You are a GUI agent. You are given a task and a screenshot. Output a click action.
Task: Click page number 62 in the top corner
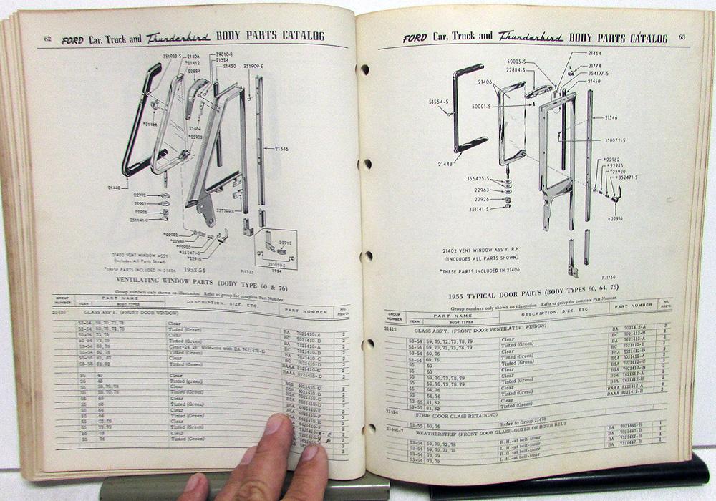(47, 38)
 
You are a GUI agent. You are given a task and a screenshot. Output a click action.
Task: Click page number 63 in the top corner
(682, 38)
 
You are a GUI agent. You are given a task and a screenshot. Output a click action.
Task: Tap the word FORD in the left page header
(72, 41)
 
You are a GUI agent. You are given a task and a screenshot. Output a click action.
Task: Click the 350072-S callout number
(614, 141)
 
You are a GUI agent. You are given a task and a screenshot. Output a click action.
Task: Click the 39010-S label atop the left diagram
(228, 54)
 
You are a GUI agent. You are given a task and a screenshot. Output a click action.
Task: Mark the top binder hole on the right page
(364, 69)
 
